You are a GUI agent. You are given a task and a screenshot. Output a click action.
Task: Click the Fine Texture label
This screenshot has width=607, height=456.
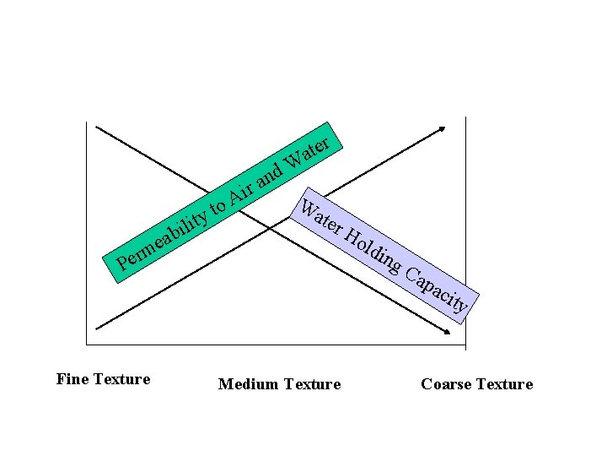coord(103,379)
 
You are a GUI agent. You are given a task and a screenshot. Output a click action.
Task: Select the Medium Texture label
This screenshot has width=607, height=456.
coord(279,384)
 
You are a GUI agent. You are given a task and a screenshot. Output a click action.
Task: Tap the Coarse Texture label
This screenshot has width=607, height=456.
coord(476,384)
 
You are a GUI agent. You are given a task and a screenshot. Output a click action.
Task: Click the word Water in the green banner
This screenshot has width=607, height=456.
coord(309,151)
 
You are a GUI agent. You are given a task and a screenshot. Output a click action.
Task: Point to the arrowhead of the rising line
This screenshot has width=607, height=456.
coord(444,128)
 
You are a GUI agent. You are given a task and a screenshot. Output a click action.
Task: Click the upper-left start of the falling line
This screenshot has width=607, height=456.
coord(97,127)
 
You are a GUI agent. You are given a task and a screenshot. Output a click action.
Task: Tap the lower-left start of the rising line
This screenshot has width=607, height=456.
coord(97,328)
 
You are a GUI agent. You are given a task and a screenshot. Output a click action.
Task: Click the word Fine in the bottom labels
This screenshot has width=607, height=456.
coord(71,379)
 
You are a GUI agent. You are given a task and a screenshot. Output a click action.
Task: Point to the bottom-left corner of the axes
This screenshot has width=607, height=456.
coord(86,345)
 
